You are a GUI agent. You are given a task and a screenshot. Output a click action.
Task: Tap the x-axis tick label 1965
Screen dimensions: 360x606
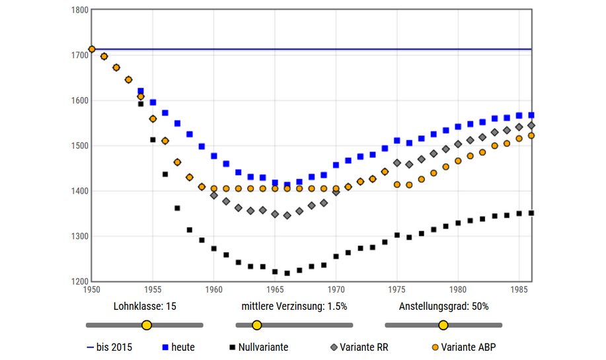[x=275, y=289]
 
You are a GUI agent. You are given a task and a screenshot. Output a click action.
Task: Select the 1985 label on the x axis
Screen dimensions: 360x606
[x=519, y=289]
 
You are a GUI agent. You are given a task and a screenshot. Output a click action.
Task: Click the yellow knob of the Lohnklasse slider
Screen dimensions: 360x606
[x=147, y=325]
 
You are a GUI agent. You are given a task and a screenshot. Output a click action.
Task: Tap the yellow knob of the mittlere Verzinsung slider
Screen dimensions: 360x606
[x=256, y=325]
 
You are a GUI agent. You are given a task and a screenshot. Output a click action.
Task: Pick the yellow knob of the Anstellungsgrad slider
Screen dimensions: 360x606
[x=443, y=325]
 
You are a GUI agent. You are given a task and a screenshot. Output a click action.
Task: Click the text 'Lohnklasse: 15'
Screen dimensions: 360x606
[x=145, y=306]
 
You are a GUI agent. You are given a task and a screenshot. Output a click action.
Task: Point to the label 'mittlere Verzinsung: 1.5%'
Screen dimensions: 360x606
[x=294, y=306]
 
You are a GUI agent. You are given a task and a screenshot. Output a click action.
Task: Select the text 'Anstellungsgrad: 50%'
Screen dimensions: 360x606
[x=443, y=306]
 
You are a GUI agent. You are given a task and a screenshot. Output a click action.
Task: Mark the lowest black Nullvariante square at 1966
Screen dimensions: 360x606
[x=287, y=273]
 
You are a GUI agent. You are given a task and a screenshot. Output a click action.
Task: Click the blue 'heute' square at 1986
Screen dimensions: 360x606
[x=531, y=115]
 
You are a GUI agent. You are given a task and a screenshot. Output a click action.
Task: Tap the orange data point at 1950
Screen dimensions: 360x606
[x=92, y=49]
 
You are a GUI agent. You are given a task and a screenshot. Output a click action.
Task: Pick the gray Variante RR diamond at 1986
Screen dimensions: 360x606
[x=531, y=126]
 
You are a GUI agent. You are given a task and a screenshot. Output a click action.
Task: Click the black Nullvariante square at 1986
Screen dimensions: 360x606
[x=531, y=213]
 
